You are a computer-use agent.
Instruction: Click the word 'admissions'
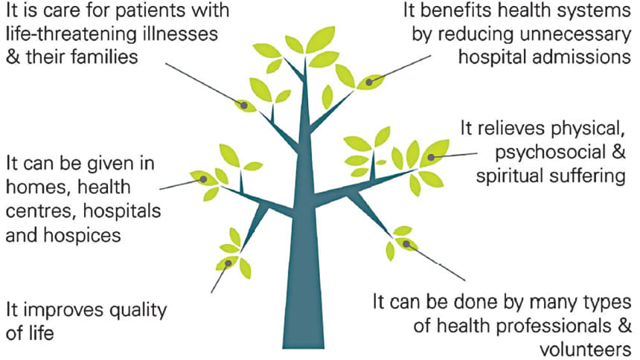[586, 57]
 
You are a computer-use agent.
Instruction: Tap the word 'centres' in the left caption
[42, 212]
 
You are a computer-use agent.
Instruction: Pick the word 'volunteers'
[586, 350]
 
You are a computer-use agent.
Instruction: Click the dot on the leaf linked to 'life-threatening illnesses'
[244, 106]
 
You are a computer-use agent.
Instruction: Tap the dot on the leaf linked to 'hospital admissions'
[369, 82]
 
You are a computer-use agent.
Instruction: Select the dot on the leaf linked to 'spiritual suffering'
[431, 157]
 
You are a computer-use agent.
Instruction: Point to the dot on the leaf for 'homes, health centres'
[203, 179]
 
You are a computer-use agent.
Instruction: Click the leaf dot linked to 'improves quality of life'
[228, 263]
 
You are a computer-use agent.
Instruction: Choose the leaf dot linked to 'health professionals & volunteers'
[406, 244]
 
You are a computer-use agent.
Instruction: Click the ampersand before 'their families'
[13, 57]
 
